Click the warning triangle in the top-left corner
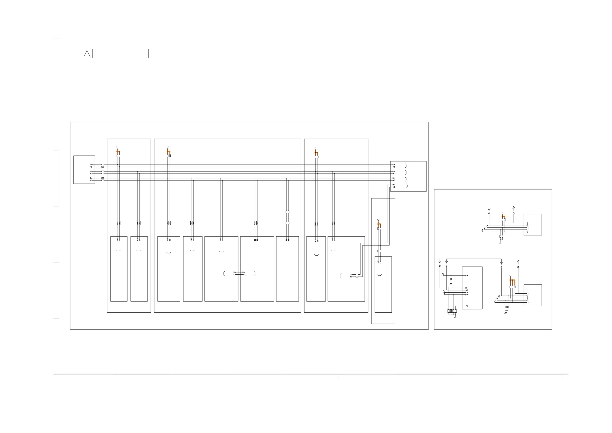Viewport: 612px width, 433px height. pos(87,54)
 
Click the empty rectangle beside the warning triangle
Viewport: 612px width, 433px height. pos(120,54)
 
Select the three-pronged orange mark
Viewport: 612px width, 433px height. pos(512,282)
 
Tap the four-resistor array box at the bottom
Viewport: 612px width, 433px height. pos(452,311)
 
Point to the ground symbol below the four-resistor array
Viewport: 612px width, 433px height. pos(455,318)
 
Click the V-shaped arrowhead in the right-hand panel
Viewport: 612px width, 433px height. pos(489,210)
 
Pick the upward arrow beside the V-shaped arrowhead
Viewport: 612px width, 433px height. pos(514,208)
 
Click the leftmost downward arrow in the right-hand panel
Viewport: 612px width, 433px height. pos(440,261)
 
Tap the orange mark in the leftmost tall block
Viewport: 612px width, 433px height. pos(118,151)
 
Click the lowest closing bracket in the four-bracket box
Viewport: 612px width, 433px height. pos(407,186)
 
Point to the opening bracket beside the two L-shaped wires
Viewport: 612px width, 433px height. pos(341,276)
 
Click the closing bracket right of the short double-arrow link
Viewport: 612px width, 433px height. pos(255,273)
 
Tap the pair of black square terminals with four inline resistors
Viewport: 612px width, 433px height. pos(287,240)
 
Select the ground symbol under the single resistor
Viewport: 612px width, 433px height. pos(451,284)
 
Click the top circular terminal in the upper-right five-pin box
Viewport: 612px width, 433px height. pos(527,223)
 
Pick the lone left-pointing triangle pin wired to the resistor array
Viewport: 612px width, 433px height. pos(467,306)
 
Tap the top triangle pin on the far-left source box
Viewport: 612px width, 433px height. pos(91,165)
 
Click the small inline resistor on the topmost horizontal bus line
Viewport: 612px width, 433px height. pos(103,165)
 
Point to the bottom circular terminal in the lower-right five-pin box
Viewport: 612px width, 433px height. pos(527,303)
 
